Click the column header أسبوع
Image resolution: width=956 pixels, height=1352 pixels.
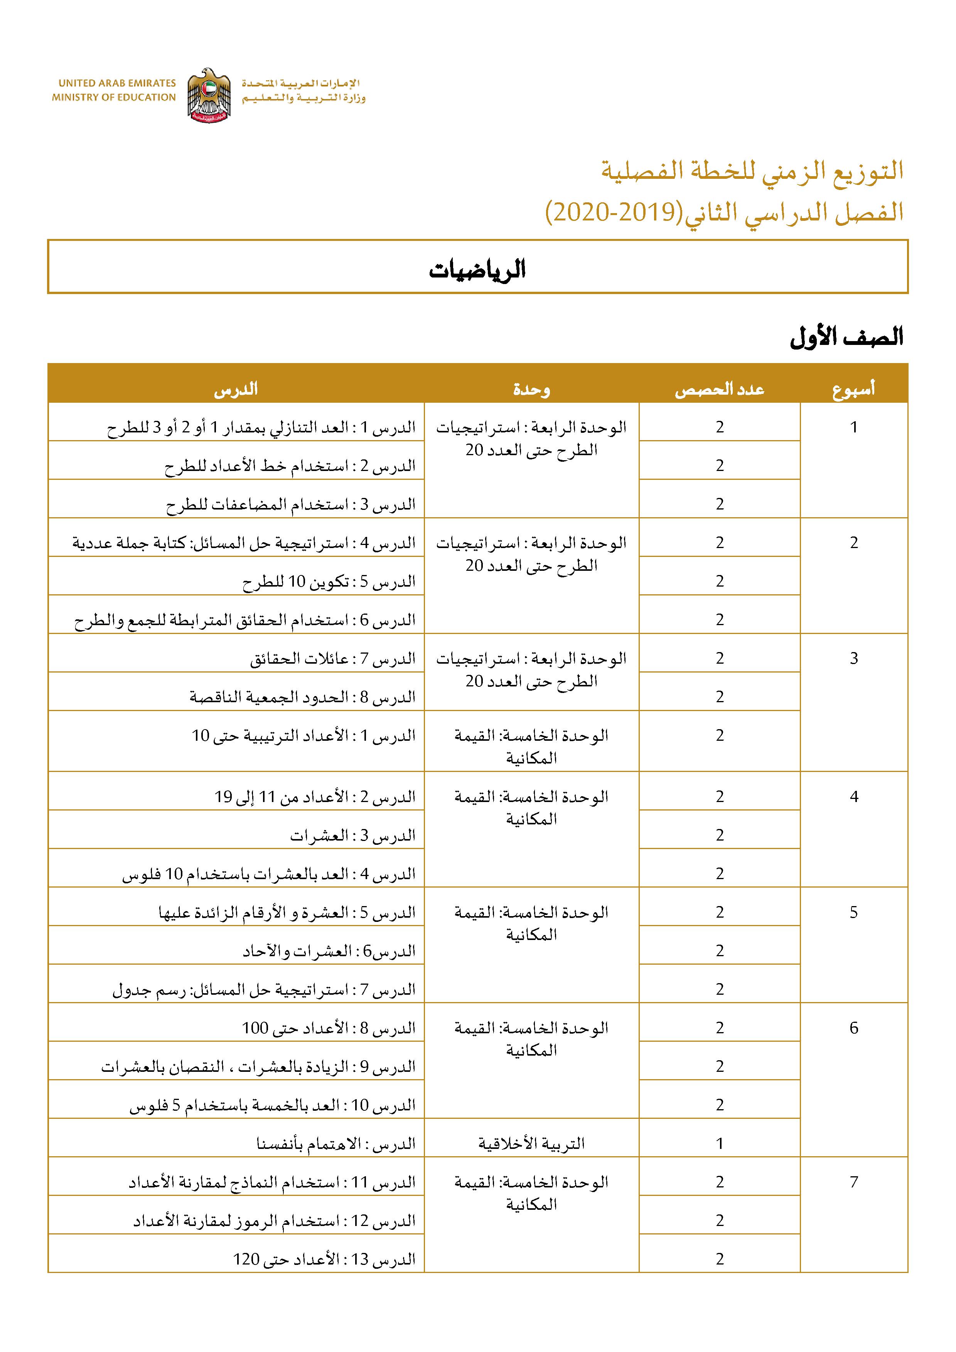tap(853, 389)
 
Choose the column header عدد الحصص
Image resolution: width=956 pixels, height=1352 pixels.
tap(719, 389)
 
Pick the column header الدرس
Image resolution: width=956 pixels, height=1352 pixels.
tap(236, 389)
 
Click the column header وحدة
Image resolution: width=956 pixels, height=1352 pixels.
tap(531, 389)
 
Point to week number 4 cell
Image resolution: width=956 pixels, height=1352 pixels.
tap(853, 797)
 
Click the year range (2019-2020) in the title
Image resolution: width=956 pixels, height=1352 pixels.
tap(613, 213)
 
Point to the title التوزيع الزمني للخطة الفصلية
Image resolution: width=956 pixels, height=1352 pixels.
tap(752, 171)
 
